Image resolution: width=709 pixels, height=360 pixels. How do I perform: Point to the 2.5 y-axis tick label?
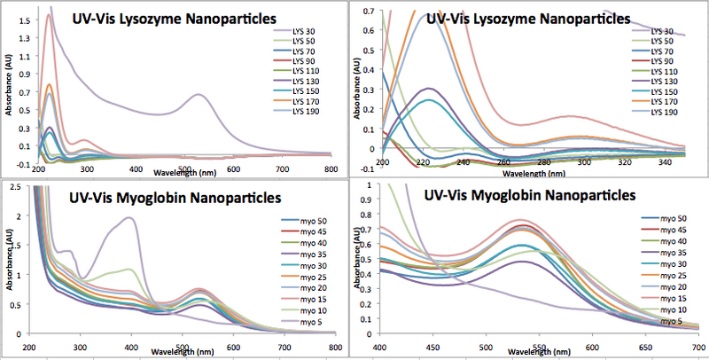pyautogui.click(x=19, y=202)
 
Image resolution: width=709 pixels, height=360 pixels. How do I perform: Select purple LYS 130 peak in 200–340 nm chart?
pyautogui.click(x=430, y=88)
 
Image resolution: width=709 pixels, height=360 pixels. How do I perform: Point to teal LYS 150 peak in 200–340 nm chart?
pyautogui.click(x=430, y=99)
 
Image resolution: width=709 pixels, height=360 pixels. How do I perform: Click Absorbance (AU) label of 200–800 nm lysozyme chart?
pyautogui.click(x=7, y=86)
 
